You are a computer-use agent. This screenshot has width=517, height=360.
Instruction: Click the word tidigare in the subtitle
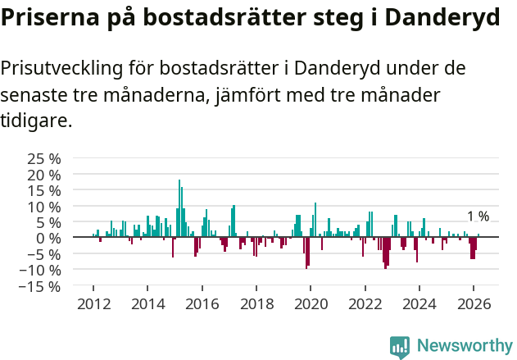point(35,121)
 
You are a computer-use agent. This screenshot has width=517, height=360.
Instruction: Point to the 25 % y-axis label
point(44,158)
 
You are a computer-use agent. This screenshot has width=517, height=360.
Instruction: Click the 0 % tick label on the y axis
point(50,238)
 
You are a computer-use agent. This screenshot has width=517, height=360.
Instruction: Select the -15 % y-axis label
point(41,286)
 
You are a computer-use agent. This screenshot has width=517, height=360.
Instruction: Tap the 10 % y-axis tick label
point(44,207)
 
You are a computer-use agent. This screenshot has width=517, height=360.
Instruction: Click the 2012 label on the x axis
point(93,304)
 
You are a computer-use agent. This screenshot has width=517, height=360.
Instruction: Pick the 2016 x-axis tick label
point(202,304)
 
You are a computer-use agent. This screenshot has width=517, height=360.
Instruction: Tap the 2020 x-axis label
point(311,304)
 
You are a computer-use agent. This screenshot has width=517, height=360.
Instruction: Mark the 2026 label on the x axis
point(474,304)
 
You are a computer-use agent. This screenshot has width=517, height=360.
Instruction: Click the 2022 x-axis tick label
point(365,304)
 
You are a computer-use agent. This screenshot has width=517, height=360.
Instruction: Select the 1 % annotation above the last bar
point(478,216)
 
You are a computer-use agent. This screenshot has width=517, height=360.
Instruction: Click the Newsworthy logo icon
point(400,347)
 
